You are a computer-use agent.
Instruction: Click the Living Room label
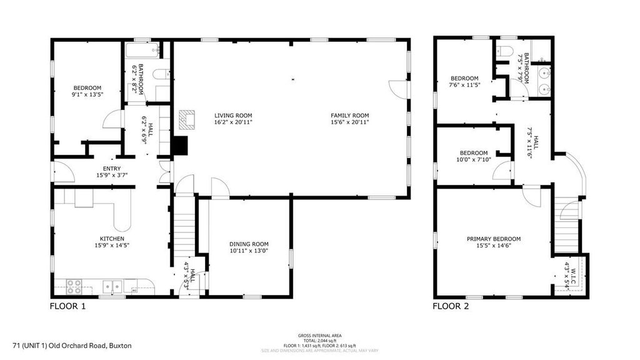click(x=233, y=116)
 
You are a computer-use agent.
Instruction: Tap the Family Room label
click(x=350, y=116)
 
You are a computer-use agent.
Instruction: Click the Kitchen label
click(x=112, y=239)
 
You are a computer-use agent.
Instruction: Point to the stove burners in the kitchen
click(x=74, y=287)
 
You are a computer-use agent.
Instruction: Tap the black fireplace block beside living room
click(x=180, y=146)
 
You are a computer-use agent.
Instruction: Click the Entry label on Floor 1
click(x=112, y=169)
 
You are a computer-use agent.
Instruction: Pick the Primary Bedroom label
click(x=494, y=239)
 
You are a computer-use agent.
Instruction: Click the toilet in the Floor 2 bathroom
click(x=506, y=51)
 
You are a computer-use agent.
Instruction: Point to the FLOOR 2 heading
click(x=451, y=306)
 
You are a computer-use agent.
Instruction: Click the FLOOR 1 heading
click(x=67, y=306)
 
